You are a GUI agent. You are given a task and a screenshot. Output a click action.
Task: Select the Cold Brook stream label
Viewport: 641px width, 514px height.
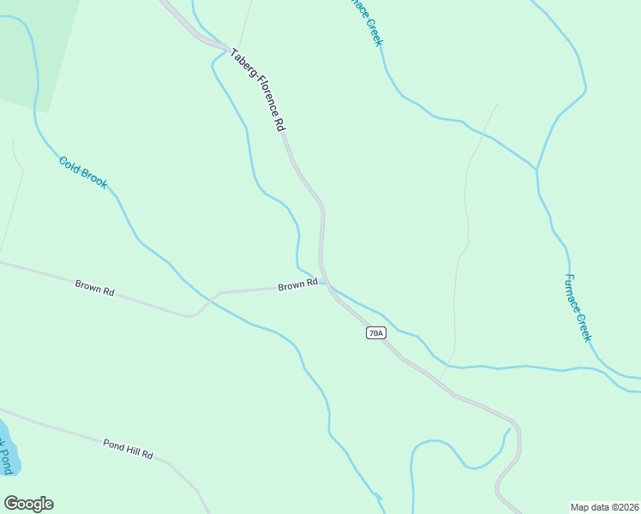(83, 171)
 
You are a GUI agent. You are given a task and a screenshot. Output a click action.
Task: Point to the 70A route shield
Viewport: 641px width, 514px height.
(374, 332)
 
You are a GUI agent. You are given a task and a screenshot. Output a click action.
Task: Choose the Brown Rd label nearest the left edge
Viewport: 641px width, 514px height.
(94, 287)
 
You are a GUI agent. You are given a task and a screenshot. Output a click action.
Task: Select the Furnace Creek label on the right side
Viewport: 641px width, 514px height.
(578, 308)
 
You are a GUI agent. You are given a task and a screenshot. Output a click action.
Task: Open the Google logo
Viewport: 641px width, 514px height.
(28, 504)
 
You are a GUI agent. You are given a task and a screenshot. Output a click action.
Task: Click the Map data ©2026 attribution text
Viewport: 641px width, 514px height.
(605, 506)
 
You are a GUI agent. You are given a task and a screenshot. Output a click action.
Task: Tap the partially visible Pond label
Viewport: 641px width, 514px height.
(6, 455)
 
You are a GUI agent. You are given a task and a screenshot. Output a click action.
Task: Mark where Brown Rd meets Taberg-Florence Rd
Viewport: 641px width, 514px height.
(326, 284)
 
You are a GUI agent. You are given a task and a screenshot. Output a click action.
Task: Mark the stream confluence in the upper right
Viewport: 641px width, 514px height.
(536, 169)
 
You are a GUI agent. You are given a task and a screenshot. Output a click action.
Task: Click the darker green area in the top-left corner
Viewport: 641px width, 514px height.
(34, 43)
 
